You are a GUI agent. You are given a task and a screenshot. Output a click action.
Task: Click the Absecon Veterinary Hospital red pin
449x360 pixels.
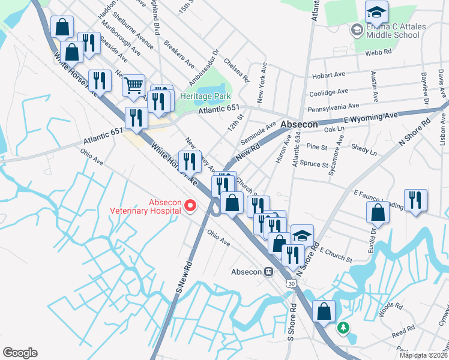[x=191, y=206]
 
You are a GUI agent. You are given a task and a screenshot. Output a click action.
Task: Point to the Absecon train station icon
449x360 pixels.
[x=269, y=271]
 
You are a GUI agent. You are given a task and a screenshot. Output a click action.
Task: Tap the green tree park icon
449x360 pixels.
[x=343, y=328]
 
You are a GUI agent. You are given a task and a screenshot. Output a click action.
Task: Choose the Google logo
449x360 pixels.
[x=20, y=353]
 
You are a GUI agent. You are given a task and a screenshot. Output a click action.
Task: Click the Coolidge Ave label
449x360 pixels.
[x=328, y=92]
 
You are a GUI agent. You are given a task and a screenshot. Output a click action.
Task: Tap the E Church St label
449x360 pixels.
[x=336, y=254]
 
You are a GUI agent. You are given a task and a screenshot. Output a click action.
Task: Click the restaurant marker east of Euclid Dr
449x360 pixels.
[x=415, y=200]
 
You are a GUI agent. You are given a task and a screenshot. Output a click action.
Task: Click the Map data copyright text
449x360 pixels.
[x=423, y=355]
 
